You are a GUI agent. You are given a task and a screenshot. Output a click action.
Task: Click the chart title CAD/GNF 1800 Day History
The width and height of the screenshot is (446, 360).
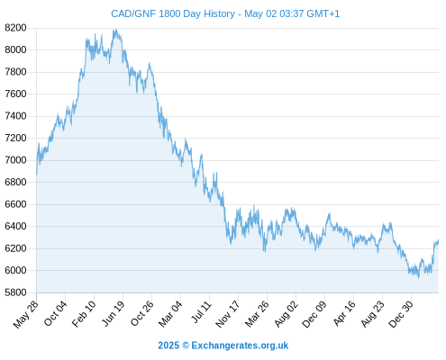click(x=173, y=13)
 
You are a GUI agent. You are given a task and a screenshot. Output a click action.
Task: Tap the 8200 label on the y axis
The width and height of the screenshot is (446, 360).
click(x=15, y=28)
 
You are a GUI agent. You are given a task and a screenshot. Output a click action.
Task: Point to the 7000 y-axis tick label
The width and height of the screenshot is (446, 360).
click(x=15, y=160)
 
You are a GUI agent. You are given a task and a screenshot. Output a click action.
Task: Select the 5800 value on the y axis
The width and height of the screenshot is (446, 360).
click(x=15, y=292)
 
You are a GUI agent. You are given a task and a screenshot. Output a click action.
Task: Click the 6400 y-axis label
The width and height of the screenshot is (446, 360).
click(x=15, y=226)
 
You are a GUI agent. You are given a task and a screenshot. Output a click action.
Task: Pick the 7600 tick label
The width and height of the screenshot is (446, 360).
click(x=15, y=94)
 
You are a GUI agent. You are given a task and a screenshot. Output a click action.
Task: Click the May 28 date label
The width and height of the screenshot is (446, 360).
click(x=26, y=314)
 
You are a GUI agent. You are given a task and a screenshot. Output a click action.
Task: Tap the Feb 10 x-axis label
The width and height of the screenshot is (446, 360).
click(x=85, y=313)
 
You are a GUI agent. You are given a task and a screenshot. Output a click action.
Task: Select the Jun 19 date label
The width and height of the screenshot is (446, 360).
click(x=114, y=313)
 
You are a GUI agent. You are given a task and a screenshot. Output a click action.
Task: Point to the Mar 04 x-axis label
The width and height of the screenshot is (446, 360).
click(x=171, y=314)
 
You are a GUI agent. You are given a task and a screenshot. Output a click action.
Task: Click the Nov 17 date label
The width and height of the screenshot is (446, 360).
click(x=228, y=314)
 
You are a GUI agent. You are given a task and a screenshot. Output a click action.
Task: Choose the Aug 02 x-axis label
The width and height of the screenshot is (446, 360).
click(x=287, y=314)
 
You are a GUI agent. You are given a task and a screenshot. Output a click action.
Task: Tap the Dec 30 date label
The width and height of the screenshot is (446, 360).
click(x=401, y=314)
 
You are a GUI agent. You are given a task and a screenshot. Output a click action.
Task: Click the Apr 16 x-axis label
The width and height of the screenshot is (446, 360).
click(x=344, y=313)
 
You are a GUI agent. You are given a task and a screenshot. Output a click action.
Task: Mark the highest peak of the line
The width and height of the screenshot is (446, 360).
click(x=115, y=30)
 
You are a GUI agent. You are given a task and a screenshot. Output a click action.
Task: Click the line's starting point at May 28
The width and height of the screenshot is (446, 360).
click(x=37, y=175)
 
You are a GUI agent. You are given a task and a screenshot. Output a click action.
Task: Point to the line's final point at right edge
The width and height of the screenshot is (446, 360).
click(x=438, y=240)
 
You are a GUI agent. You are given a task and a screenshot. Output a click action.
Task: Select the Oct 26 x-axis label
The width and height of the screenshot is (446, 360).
click(x=142, y=314)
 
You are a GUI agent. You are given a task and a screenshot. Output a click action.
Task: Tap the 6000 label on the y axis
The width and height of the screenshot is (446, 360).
click(x=15, y=270)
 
